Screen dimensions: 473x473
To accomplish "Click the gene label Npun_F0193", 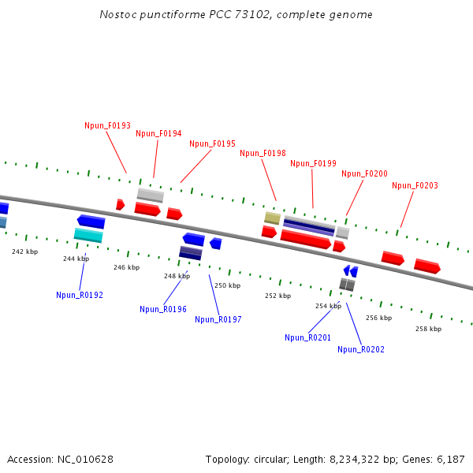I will [x=107, y=125].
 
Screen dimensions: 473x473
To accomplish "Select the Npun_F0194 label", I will [x=158, y=133].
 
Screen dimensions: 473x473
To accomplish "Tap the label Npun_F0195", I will [x=212, y=143].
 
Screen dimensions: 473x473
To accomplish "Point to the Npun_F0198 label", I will [x=263, y=153].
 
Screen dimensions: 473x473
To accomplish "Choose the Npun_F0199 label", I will [x=313, y=163].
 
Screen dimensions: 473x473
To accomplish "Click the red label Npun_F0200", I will [x=364, y=173].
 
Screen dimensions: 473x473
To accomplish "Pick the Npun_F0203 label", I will [x=415, y=185].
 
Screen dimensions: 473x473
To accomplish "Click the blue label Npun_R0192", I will [x=80, y=295].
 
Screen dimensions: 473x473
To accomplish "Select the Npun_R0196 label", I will [x=163, y=309].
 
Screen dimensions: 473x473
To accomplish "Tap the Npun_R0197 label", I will [x=218, y=319].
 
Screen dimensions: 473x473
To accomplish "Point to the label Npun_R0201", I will [x=308, y=337].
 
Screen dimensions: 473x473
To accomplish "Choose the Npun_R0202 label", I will [x=361, y=349].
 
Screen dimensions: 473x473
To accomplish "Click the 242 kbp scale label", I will [x=24, y=251].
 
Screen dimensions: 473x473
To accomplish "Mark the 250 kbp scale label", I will [x=227, y=285].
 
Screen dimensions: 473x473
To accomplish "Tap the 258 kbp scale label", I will [x=428, y=329].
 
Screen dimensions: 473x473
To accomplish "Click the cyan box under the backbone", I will [x=88, y=235].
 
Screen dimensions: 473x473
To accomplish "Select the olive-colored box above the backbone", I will [x=272, y=218].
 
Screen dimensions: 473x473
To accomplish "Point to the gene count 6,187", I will [x=449, y=459].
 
